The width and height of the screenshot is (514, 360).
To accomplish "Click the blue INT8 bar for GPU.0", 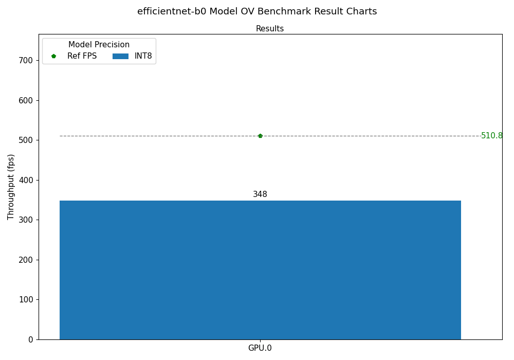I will coord(260,269).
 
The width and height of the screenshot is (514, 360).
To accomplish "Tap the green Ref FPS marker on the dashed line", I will coord(260,136).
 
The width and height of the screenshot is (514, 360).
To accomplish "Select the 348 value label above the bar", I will coord(260,194).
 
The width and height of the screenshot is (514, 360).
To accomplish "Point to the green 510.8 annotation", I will coord(492,136).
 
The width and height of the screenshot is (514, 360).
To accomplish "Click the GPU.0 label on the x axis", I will coord(260,348).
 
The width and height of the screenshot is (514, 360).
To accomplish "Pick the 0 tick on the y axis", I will coord(30,339).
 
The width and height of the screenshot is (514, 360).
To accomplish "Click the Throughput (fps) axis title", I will coord(11,187).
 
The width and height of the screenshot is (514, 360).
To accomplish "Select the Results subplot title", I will coord(270,29).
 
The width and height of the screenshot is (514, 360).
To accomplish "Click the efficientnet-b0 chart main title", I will coord(257,11).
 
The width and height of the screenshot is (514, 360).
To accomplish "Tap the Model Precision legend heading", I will coord(99,45).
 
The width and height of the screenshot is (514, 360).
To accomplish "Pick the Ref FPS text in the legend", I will coord(82,56).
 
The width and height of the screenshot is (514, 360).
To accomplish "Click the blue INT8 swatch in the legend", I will coord(120,56).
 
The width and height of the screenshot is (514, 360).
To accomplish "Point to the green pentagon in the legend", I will coord(53,56).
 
